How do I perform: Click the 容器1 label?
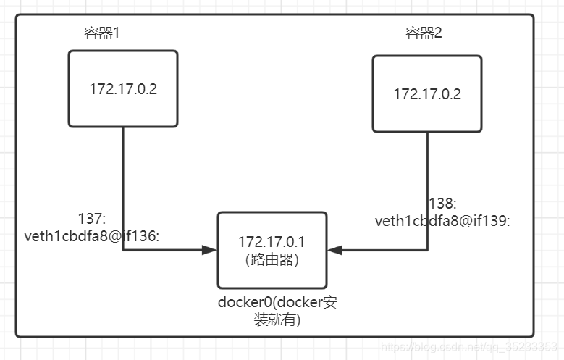coord(101,33)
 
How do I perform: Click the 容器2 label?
coord(423,33)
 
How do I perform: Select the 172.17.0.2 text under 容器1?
coord(123,90)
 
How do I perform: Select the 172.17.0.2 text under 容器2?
coord(427,94)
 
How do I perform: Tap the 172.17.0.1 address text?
coord(272,243)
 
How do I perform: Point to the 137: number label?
coord(92,219)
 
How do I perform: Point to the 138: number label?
coord(442,205)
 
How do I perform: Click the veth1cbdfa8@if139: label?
coord(442,222)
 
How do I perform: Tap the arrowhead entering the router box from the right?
coord(335,250)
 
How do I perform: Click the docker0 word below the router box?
coord(243,302)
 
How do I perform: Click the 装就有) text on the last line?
coord(277,319)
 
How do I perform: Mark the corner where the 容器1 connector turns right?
coord(122,250)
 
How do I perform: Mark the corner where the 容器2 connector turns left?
coord(427,250)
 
